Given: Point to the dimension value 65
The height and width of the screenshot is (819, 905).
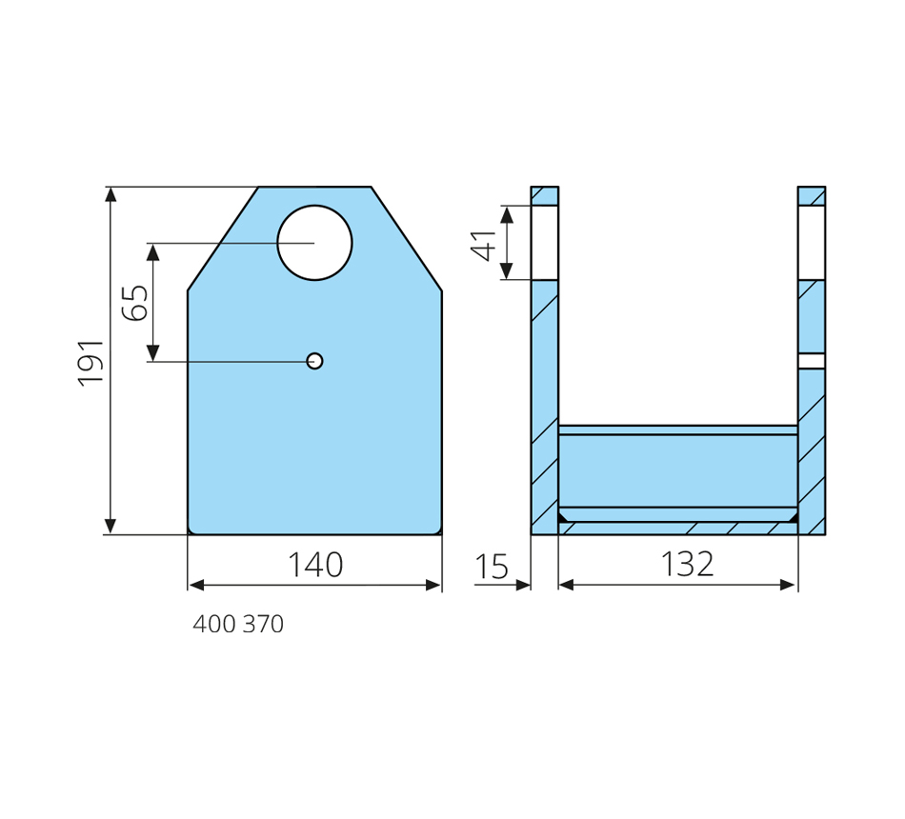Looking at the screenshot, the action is click(135, 303).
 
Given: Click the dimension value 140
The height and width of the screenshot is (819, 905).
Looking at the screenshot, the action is click(315, 565).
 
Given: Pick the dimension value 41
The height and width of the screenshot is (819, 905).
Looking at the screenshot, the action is click(483, 246).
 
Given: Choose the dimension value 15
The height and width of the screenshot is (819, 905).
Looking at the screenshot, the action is click(492, 567).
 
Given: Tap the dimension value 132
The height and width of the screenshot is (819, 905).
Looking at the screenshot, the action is click(687, 565).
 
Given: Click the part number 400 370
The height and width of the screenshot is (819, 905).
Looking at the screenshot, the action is click(238, 624).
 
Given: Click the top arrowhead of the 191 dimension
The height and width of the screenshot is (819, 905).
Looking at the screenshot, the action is click(111, 194).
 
